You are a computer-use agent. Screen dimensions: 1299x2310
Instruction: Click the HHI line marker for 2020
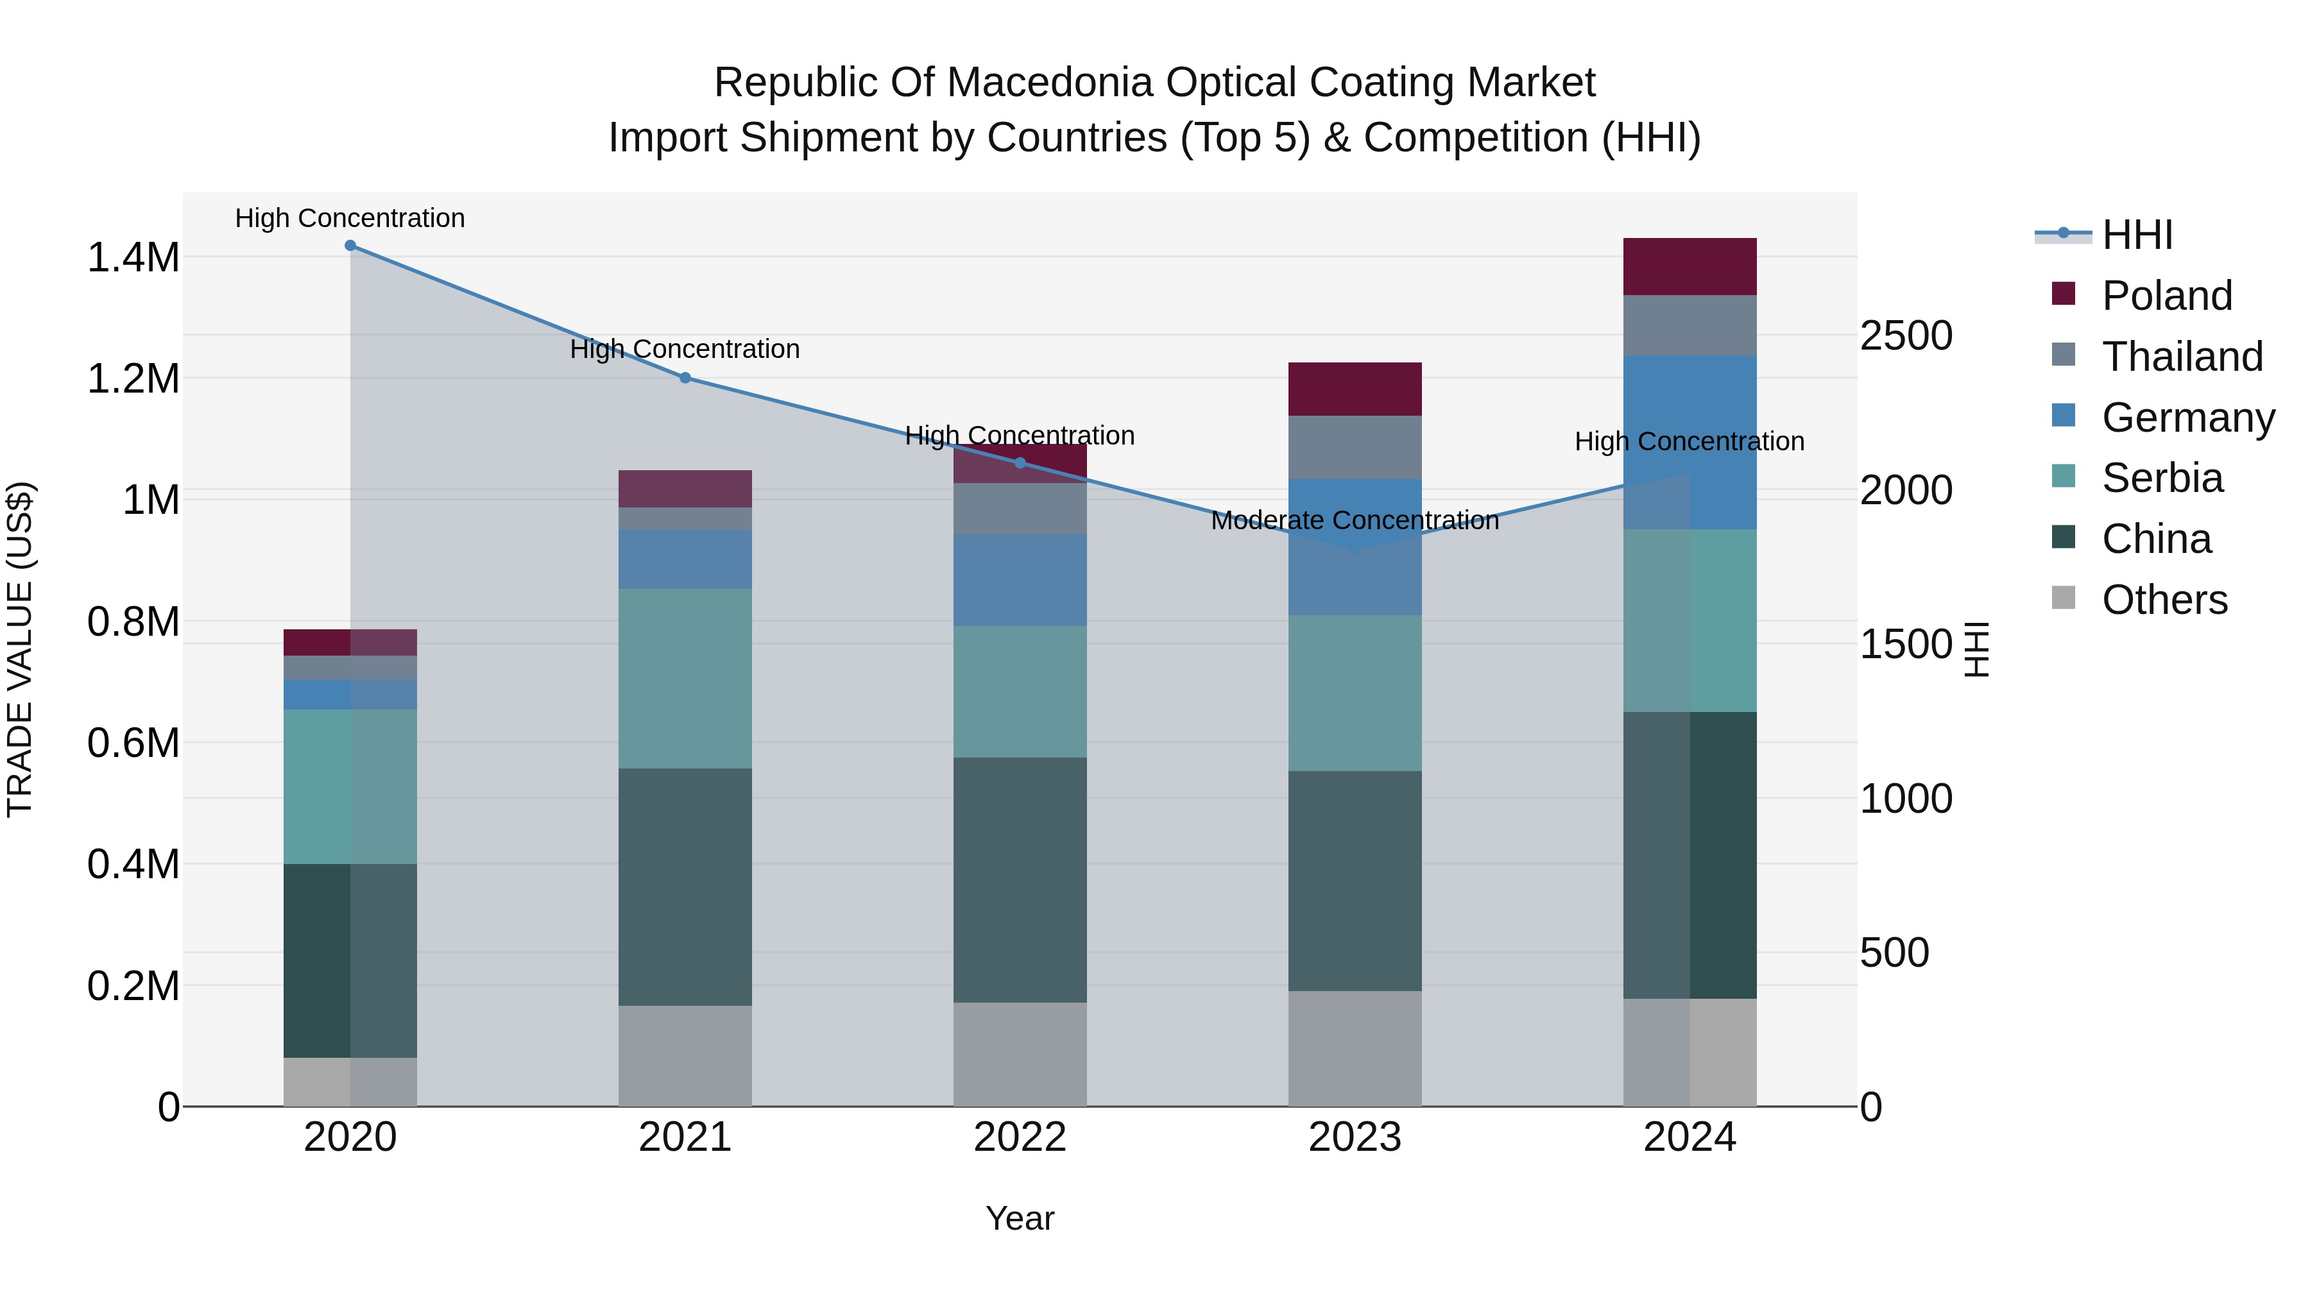point(350,246)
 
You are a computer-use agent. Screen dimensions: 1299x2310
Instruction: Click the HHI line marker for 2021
point(685,377)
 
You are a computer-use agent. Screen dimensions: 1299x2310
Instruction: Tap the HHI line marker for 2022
point(1020,463)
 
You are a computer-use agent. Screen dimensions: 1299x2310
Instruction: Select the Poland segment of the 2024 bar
point(1690,266)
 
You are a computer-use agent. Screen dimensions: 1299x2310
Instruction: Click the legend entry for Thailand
point(2181,357)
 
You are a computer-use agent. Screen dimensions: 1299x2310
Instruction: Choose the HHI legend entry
point(2136,235)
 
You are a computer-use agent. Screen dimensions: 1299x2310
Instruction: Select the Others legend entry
point(2163,600)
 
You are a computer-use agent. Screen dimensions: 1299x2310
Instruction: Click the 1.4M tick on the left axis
point(133,257)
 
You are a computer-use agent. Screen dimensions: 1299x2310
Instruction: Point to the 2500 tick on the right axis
point(1906,335)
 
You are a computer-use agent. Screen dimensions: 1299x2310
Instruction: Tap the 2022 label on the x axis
point(1020,1137)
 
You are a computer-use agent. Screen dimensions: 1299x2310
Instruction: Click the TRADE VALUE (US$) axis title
point(20,649)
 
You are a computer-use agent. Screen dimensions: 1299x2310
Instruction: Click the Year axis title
point(1020,1218)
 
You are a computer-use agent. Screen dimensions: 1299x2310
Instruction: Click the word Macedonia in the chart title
point(1049,83)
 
